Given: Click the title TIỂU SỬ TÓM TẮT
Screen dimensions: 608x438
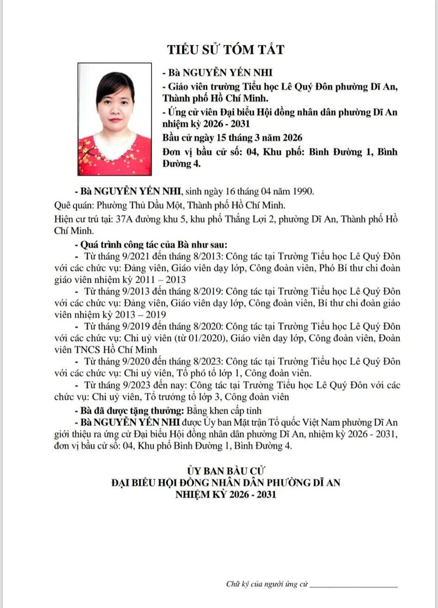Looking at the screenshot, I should [225, 49].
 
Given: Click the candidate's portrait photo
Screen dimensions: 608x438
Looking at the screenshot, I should [114, 119].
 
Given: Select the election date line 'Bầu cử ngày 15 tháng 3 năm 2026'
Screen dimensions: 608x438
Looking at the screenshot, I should [232, 138].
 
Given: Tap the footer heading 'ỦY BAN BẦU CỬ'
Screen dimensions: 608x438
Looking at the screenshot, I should [225, 471].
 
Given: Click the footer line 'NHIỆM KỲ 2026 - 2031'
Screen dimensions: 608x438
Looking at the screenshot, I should [225, 494].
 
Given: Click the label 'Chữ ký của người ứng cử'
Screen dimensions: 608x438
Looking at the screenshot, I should [267, 584].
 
